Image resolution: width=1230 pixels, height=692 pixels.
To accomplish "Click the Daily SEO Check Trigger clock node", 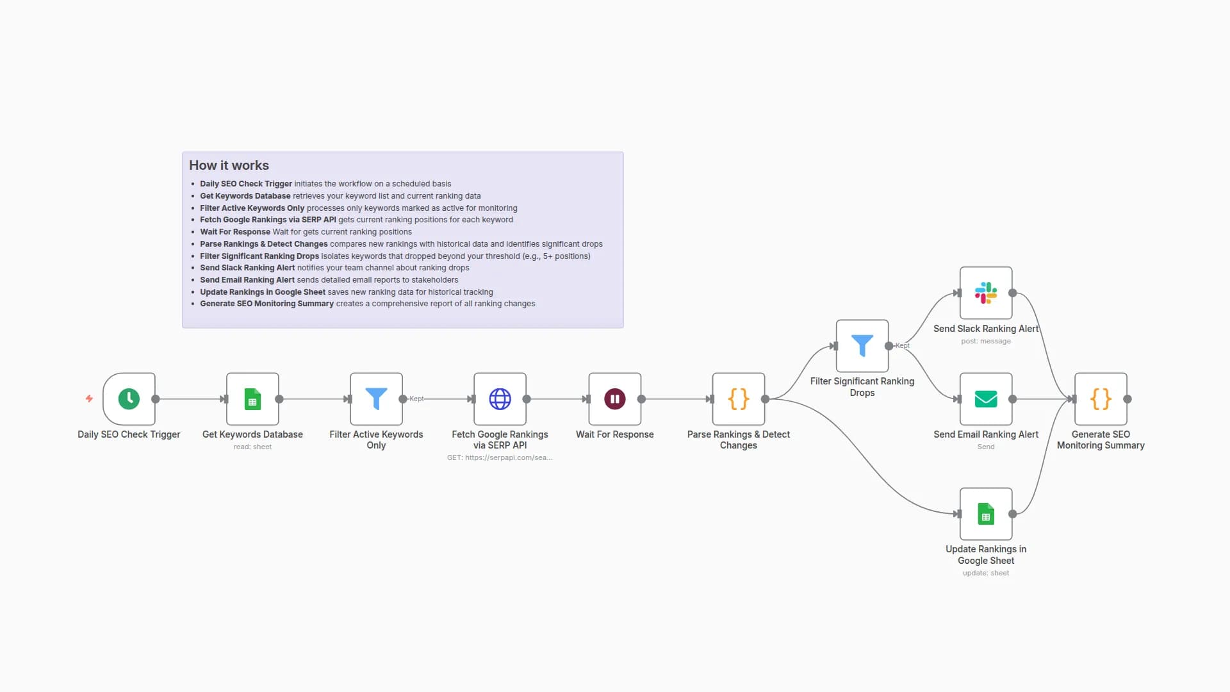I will click(129, 399).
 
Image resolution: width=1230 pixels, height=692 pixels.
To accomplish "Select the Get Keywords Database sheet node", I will click(252, 399).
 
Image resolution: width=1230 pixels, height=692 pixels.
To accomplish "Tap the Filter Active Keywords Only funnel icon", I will click(376, 399).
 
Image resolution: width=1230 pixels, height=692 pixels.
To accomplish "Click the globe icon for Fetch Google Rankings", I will click(500, 399).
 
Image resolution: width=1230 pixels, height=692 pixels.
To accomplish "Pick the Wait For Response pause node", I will click(614, 399).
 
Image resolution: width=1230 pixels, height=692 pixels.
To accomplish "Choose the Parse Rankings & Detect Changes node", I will click(738, 399).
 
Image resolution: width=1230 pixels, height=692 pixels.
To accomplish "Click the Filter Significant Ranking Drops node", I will click(862, 345).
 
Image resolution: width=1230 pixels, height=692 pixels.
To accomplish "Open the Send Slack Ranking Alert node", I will click(985, 293).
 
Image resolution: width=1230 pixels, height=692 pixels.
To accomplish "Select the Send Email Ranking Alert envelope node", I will click(985, 399).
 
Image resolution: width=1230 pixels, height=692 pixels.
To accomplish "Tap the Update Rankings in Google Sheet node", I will click(985, 513).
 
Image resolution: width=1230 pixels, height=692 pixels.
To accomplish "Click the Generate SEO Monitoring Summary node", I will click(1100, 399).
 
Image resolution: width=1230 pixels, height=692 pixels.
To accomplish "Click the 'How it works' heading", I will click(229, 165).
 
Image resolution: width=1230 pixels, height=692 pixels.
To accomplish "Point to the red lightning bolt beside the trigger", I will click(89, 399).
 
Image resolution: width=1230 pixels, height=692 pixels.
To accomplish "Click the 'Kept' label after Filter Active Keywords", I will click(416, 399).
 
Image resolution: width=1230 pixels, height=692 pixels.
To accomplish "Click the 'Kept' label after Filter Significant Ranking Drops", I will click(902, 345).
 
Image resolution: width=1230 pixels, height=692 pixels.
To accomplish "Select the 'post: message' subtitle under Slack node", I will click(985, 341).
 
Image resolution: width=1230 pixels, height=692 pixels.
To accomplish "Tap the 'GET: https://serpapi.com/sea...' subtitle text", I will click(500, 457).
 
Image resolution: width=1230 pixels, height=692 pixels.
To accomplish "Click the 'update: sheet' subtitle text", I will click(985, 573).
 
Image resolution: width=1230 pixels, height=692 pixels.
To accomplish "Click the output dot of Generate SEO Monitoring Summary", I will click(1127, 399).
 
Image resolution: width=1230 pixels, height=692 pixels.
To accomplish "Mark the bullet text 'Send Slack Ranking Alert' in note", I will click(247, 268).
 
